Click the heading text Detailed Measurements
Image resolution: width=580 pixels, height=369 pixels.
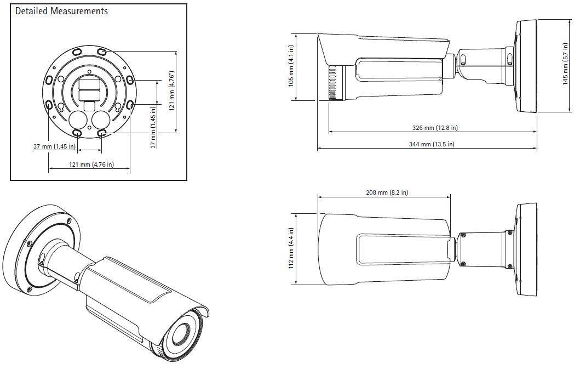click(x=61, y=12)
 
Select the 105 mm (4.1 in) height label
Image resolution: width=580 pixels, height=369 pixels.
click(x=292, y=66)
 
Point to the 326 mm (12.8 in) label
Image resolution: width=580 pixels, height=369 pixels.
click(x=434, y=128)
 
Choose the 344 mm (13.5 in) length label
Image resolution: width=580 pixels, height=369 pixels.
click(x=432, y=144)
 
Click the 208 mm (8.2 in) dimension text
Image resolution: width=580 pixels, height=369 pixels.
click(x=386, y=192)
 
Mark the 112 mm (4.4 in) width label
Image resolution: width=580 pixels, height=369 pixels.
click(x=292, y=246)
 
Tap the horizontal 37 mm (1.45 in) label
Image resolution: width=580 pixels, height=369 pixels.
click(x=54, y=146)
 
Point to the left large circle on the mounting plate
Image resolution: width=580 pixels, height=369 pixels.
click(x=78, y=120)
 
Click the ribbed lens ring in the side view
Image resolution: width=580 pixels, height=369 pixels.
click(x=332, y=83)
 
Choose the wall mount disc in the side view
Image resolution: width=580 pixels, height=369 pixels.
click(x=527, y=66)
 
